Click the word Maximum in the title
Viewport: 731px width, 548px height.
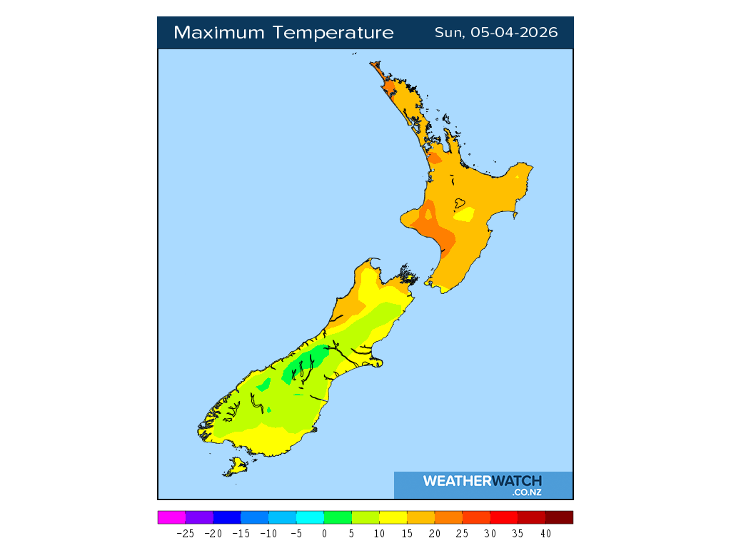(217, 33)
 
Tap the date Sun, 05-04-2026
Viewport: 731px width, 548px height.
(496, 33)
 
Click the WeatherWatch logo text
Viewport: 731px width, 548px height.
(483, 481)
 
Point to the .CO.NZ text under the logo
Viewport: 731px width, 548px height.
(527, 492)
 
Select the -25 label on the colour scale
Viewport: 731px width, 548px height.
(185, 533)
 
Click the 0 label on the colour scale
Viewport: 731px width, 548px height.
(324, 533)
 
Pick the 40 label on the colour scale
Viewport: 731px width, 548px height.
(545, 533)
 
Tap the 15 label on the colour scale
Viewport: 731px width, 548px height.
(407, 533)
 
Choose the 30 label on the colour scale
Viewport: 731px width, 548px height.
(490, 533)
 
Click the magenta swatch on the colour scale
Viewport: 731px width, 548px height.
(171, 517)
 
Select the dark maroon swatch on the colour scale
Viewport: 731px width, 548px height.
(559, 517)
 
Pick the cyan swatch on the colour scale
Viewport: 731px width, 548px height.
(310, 517)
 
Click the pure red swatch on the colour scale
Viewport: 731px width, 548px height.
(504, 517)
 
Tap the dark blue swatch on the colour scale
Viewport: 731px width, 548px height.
(227, 517)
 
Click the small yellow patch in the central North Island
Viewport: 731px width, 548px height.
(465, 214)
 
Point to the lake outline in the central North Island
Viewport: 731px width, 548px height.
(450, 203)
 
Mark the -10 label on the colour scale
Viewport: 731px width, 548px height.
(268, 533)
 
